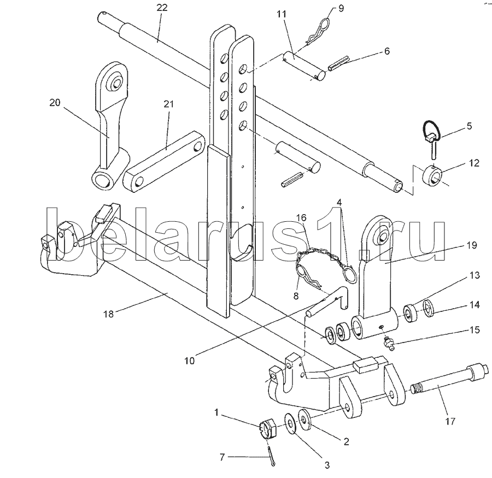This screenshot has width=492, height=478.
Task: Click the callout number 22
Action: [x=162, y=8]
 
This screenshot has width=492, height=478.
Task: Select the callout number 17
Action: [x=450, y=421]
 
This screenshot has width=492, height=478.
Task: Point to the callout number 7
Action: [x=222, y=457]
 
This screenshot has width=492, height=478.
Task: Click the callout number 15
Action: [x=474, y=329]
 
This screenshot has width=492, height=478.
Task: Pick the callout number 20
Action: [x=55, y=103]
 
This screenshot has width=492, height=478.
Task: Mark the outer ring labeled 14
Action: [x=428, y=308]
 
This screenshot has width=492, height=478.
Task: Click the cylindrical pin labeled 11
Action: [x=304, y=67]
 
